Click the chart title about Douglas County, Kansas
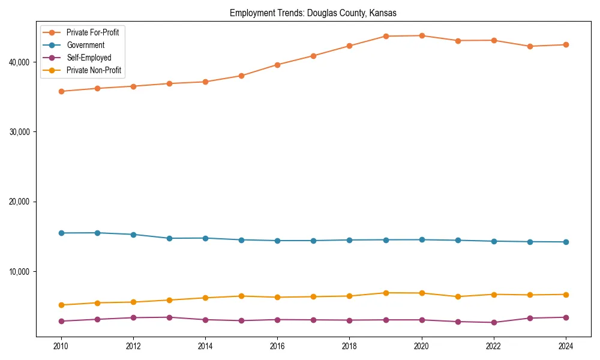pyautogui.click(x=313, y=13)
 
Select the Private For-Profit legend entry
pyautogui.click(x=92, y=32)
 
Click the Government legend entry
pyautogui.click(x=85, y=45)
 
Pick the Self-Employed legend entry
pyautogui.click(x=89, y=58)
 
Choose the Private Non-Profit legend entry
pyautogui.click(x=94, y=70)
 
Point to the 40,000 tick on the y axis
pyautogui.click(x=23, y=62)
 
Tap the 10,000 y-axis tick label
pyautogui.click(x=23, y=271)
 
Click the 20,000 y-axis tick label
pyautogui.click(x=23, y=202)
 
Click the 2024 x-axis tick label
pyautogui.click(x=566, y=346)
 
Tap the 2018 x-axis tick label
pyautogui.click(x=349, y=346)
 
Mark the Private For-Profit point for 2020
pyautogui.click(x=422, y=35)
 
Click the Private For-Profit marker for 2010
pyautogui.click(x=61, y=91)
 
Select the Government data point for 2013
pyautogui.click(x=169, y=238)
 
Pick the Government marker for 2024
pyautogui.click(x=566, y=242)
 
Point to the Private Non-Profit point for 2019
pyautogui.click(x=386, y=293)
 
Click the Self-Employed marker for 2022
pyautogui.click(x=494, y=322)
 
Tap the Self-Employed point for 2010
pyautogui.click(x=61, y=321)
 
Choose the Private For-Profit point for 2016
pyautogui.click(x=277, y=65)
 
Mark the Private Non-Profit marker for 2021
pyautogui.click(x=458, y=296)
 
